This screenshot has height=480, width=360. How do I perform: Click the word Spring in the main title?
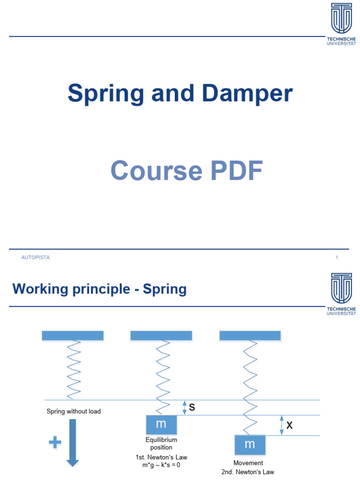[x=106, y=94]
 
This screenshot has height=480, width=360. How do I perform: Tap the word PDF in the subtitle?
[x=233, y=171]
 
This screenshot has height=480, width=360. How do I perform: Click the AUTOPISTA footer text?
[x=36, y=257]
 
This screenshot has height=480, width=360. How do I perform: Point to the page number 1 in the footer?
[x=337, y=257]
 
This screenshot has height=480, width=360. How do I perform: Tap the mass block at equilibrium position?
[x=161, y=424]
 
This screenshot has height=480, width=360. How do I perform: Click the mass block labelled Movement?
[x=249, y=444]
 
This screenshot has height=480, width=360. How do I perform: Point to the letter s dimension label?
[x=192, y=408]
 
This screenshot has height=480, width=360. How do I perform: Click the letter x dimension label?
[x=289, y=425]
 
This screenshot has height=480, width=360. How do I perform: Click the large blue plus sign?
[x=55, y=442]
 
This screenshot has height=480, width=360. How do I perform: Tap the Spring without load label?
[x=74, y=412]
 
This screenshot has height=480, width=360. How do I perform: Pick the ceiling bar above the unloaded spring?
[x=73, y=335]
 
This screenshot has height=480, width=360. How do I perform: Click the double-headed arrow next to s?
[x=185, y=407]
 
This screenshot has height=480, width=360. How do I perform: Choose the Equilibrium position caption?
[x=161, y=444]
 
